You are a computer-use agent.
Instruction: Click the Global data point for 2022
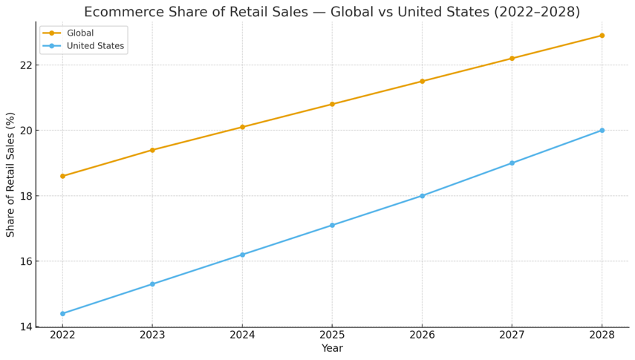click(x=62, y=176)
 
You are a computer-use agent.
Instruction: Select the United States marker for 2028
click(x=602, y=131)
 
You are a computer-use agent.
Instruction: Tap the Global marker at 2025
click(x=332, y=104)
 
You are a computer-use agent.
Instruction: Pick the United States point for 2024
click(x=242, y=255)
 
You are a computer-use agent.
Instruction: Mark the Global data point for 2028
click(x=602, y=36)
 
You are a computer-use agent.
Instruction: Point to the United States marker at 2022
click(x=62, y=313)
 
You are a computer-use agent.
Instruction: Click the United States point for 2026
click(x=422, y=196)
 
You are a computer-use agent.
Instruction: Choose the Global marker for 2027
click(x=512, y=59)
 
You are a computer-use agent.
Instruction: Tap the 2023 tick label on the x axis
click(x=152, y=335)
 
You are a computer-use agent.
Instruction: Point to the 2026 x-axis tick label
click(x=422, y=335)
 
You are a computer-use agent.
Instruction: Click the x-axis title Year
click(x=332, y=349)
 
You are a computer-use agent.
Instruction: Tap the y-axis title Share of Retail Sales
click(x=10, y=174)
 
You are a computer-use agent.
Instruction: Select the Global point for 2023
click(x=152, y=150)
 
